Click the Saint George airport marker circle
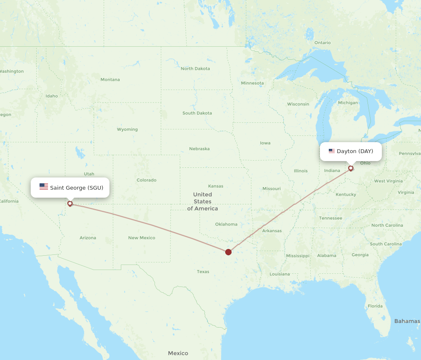(70, 204)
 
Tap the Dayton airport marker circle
(351, 168)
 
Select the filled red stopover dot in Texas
(228, 252)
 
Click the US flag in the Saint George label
(44, 187)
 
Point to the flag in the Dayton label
(332, 151)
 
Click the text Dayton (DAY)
(355, 151)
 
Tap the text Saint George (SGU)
(77, 188)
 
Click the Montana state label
(110, 79)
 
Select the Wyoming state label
(127, 129)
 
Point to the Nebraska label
(199, 149)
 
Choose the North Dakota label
(195, 69)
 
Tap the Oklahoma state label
(226, 224)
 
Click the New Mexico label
(141, 238)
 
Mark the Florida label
(375, 306)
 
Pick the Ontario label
(322, 42)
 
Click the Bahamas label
(407, 321)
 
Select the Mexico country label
(178, 353)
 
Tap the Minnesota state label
(252, 83)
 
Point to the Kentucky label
(346, 194)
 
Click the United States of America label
(203, 201)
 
